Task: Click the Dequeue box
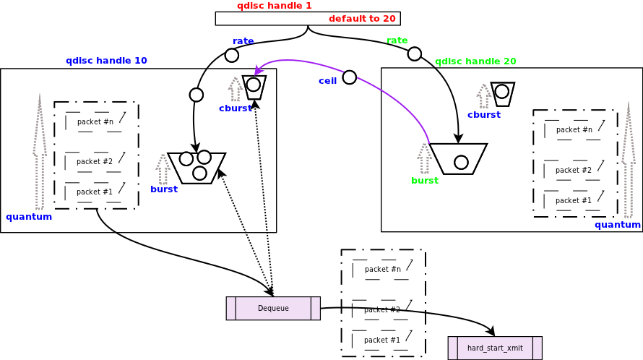[273, 308]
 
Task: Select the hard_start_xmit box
[495, 348]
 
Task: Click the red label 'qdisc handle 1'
[275, 6]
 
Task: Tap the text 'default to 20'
[362, 19]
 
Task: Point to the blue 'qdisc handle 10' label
[106, 61]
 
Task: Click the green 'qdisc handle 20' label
[475, 61]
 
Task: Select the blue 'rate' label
[243, 41]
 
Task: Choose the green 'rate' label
[397, 40]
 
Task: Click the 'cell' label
[327, 81]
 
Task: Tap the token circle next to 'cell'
[349, 77]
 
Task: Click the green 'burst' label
[425, 181]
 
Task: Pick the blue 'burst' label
[164, 189]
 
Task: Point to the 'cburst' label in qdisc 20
[483, 115]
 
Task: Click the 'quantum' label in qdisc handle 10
[29, 217]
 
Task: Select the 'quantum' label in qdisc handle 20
[618, 225]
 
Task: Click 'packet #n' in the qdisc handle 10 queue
[95, 122]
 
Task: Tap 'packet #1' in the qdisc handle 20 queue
[574, 201]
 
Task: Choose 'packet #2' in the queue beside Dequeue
[382, 310]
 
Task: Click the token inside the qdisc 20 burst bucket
[461, 162]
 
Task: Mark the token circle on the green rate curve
[414, 53]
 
